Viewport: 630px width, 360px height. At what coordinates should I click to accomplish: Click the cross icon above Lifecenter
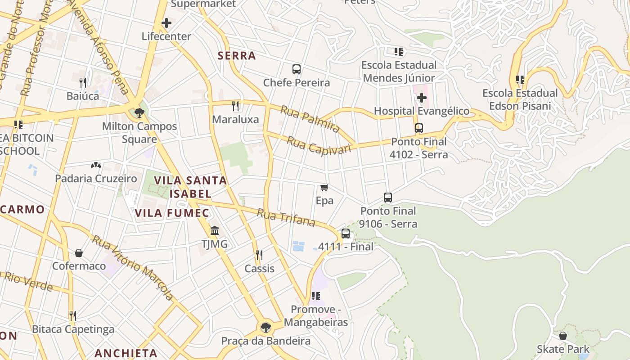(x=166, y=23)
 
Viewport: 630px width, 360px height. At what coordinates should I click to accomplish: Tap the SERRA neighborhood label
(x=237, y=56)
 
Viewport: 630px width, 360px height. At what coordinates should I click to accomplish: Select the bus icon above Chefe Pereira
(x=297, y=69)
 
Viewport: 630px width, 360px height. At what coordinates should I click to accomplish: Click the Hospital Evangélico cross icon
(x=421, y=98)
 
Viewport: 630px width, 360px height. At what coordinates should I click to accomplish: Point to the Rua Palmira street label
(x=310, y=119)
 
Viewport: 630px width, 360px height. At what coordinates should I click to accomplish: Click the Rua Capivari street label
(x=319, y=145)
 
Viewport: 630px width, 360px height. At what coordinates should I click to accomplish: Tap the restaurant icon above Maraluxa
(x=235, y=106)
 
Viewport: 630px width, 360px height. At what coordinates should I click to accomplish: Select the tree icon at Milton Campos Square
(x=139, y=112)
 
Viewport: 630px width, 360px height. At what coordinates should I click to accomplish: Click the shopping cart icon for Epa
(x=324, y=187)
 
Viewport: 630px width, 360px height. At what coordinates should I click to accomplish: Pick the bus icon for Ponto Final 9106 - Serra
(x=388, y=197)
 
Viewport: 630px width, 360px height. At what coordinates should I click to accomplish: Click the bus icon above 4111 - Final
(x=345, y=234)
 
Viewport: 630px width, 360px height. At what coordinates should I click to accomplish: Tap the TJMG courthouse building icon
(x=215, y=231)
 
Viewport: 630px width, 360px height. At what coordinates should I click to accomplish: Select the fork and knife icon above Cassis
(x=259, y=255)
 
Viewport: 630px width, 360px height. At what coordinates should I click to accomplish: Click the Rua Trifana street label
(x=286, y=217)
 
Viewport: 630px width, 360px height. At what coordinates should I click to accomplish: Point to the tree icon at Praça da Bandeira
(x=265, y=327)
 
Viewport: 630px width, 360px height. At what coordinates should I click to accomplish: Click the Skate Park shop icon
(x=562, y=336)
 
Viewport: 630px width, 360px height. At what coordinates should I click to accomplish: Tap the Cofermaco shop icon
(x=79, y=253)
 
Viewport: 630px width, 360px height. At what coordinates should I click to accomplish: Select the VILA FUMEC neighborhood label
(x=172, y=213)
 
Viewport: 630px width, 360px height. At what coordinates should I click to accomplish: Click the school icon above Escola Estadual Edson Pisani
(x=520, y=80)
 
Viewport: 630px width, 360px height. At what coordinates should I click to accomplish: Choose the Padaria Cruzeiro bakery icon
(x=96, y=165)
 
